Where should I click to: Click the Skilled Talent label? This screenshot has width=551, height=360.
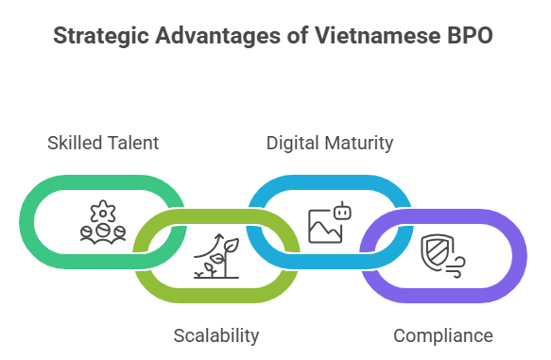coord(103,143)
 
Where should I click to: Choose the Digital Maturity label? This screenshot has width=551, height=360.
coord(329,143)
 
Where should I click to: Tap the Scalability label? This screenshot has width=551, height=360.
coord(215,335)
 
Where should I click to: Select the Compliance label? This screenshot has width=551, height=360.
coord(442,335)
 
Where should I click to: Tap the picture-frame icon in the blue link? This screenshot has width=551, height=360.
coord(324,227)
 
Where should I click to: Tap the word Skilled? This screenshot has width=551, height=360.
coord(75,143)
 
